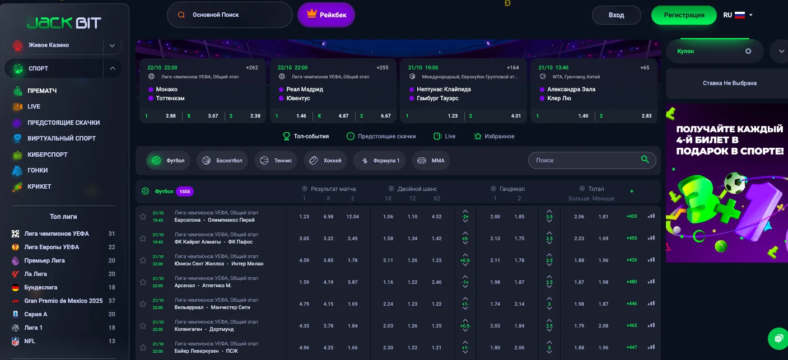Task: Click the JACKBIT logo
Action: tap(64, 22)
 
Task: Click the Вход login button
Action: tap(616, 15)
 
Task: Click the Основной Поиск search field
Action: tap(230, 15)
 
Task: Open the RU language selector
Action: tap(738, 15)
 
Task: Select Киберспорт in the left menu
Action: tap(47, 154)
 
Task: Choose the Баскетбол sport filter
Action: tap(223, 161)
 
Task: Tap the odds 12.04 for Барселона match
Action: tap(353, 217)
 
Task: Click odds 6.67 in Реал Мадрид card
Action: tap(385, 116)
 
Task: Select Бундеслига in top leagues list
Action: tap(41, 287)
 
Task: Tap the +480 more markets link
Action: tap(632, 282)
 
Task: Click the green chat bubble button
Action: tap(778, 338)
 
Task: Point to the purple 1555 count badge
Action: tap(185, 191)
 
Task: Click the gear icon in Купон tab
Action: tap(748, 51)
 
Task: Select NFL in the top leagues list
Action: tap(31, 341)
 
